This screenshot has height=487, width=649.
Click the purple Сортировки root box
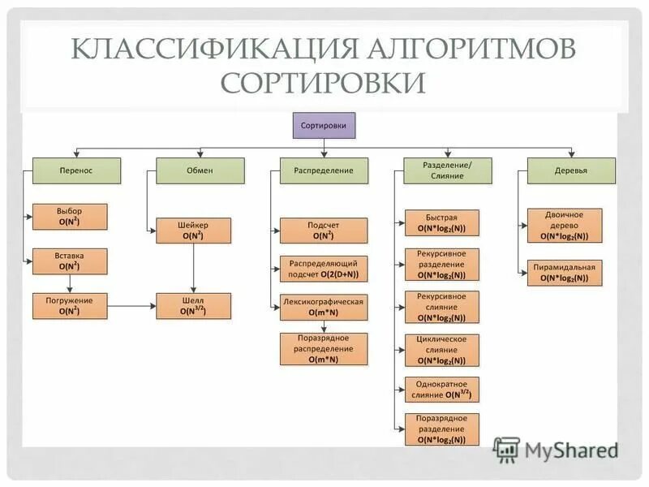[x=323, y=126]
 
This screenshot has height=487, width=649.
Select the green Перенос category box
[x=76, y=170]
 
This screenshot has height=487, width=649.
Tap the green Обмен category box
[x=193, y=170]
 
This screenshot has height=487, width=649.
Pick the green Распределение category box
[x=324, y=170]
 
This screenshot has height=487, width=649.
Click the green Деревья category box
[x=572, y=170]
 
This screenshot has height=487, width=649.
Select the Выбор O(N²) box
[x=70, y=216]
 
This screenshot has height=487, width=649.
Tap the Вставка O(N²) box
[x=70, y=261]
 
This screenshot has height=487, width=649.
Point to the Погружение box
[x=70, y=305]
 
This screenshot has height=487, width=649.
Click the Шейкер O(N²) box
[x=193, y=231]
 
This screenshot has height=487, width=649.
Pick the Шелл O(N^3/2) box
[x=193, y=305]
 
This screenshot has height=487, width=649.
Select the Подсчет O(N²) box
[x=324, y=231]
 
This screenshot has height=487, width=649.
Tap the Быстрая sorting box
[x=442, y=222]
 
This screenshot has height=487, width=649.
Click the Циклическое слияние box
[x=442, y=350]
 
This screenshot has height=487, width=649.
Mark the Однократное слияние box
[x=442, y=390]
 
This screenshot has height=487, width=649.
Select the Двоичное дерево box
[x=565, y=225]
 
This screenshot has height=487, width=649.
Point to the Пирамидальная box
[x=565, y=272]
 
